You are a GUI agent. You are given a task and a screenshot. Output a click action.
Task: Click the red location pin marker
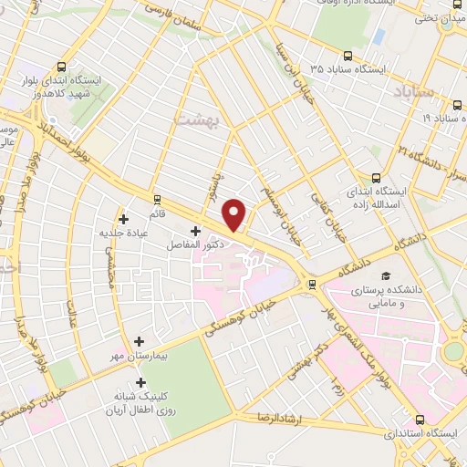pos(234,214)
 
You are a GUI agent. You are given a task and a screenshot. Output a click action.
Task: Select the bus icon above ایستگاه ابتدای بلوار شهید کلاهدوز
pos(60,67)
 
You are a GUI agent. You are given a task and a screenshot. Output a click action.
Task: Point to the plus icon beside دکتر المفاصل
pos(196,232)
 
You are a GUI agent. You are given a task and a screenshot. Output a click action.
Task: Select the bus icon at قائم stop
pos(157,199)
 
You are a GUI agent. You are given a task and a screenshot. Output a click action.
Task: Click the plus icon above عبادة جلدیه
pos(124,219)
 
